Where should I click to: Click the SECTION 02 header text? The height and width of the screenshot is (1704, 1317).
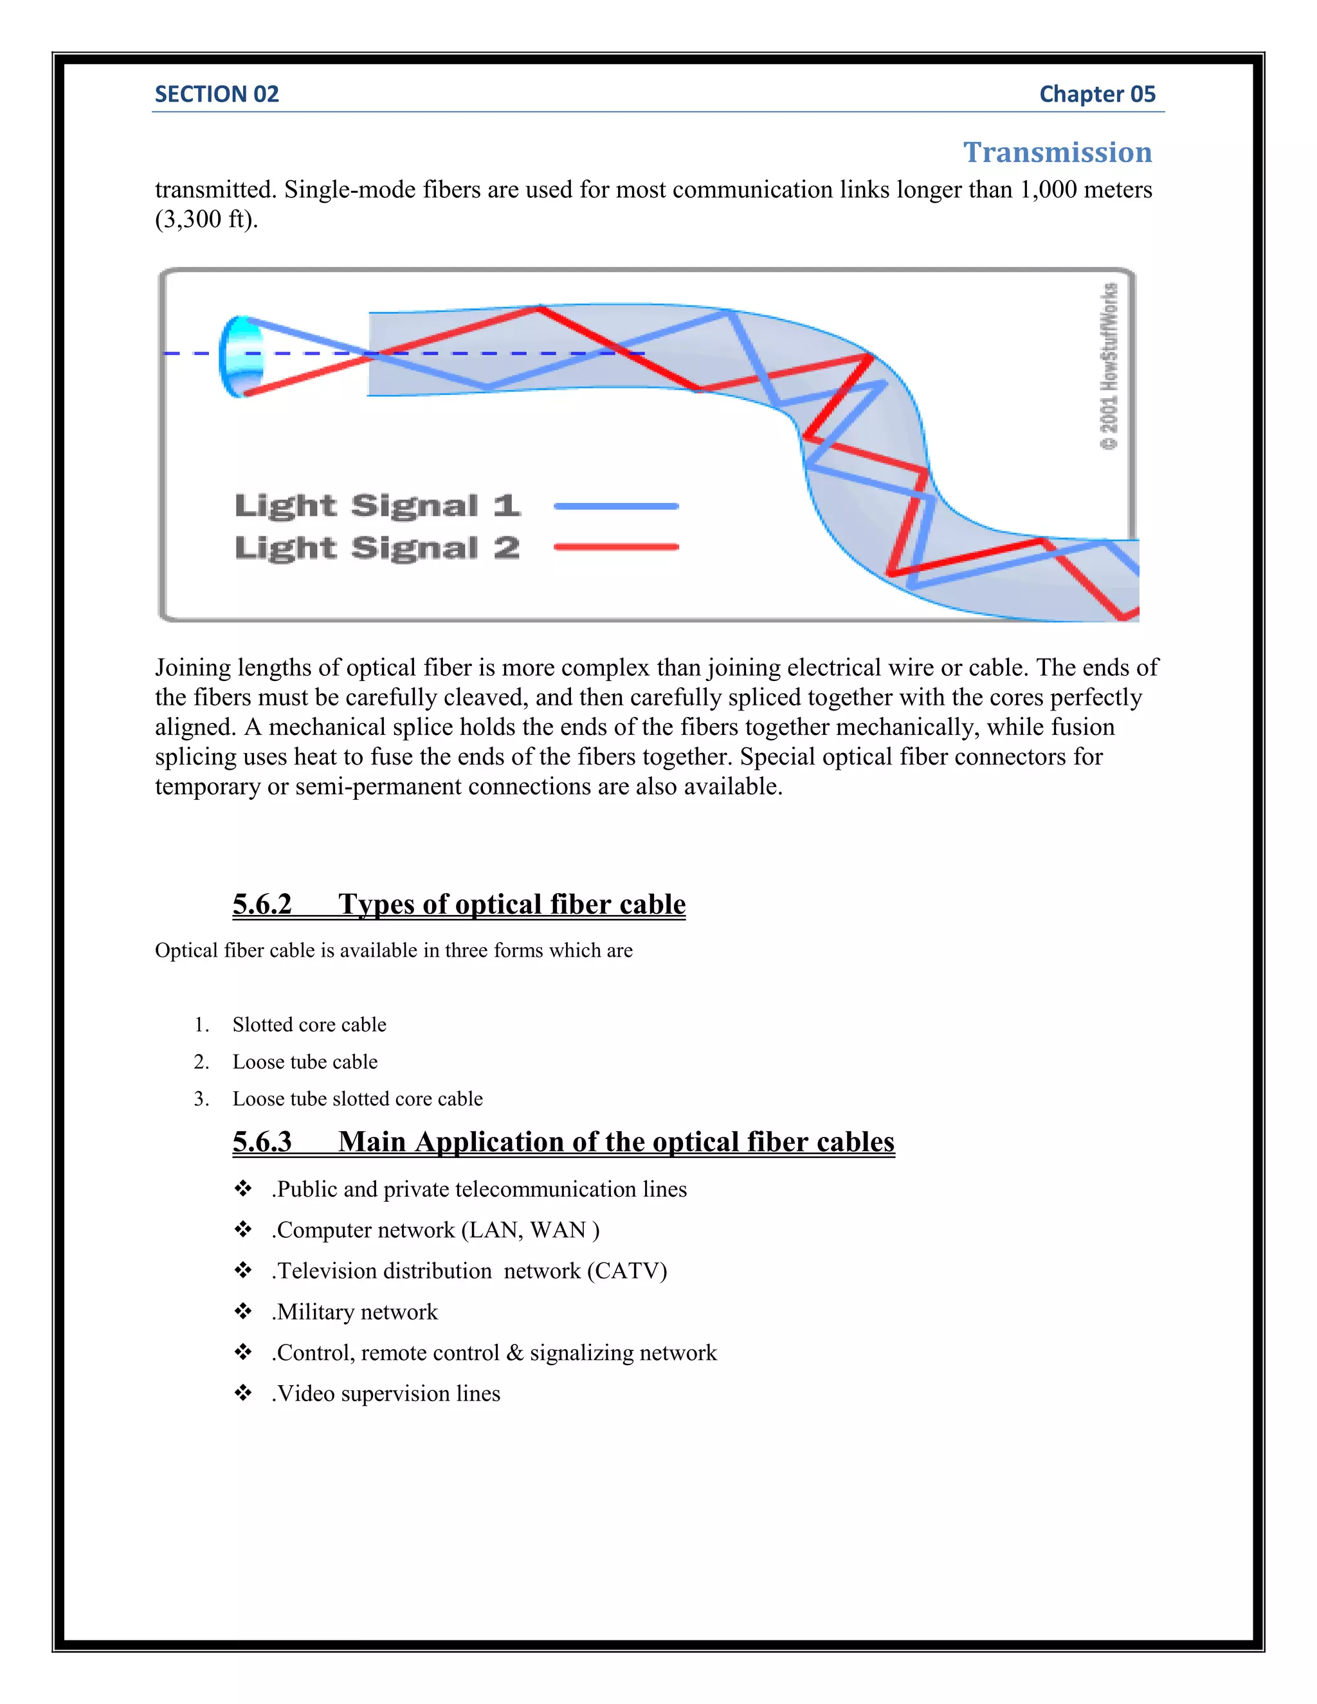click(216, 95)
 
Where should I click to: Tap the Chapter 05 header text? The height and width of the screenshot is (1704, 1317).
click(1096, 95)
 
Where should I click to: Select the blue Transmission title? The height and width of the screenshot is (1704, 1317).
click(1057, 152)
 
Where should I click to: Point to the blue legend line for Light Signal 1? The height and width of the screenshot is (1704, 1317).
click(615, 506)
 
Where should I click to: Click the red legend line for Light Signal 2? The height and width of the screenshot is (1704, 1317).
click(615, 547)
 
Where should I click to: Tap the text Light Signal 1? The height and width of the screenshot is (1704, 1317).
click(377, 505)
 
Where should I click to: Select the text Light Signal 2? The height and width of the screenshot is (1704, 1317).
click(377, 548)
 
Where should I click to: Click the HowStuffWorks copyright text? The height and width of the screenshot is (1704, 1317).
click(1109, 367)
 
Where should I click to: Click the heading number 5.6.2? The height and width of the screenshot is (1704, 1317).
click(262, 904)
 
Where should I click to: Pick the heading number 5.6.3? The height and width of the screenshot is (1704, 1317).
click(262, 1141)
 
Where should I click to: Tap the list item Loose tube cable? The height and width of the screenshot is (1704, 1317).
click(304, 1062)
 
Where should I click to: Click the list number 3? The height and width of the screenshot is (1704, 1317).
click(201, 1100)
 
